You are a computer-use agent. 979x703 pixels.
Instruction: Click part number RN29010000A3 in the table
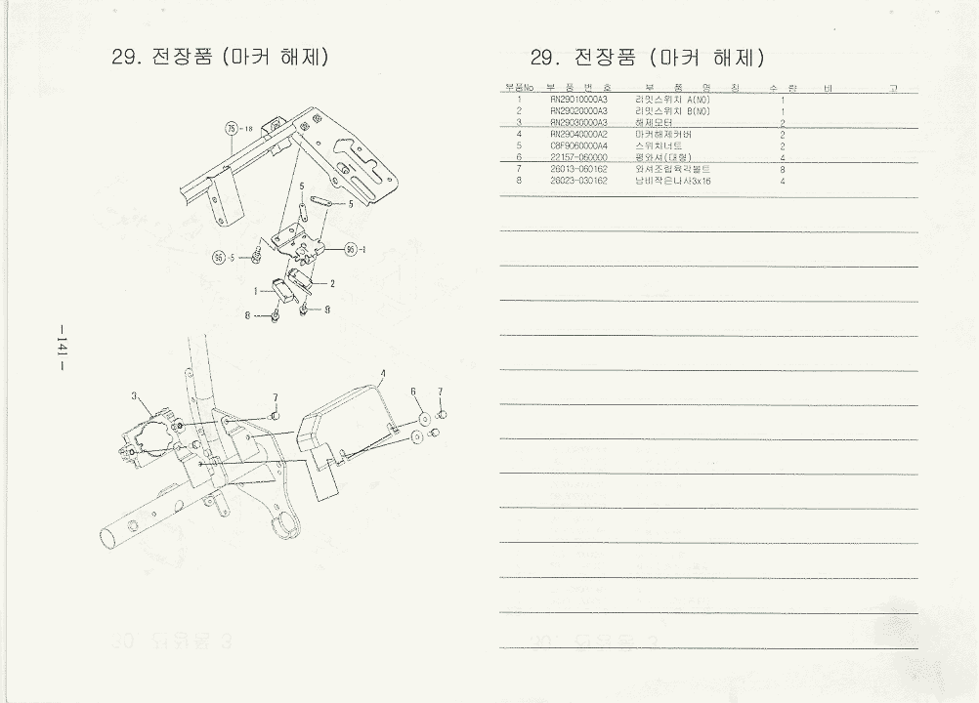(579, 100)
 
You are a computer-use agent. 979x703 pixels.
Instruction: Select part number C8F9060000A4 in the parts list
(579, 145)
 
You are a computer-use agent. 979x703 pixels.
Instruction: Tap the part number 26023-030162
(579, 181)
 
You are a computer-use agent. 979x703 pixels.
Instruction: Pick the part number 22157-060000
(579, 157)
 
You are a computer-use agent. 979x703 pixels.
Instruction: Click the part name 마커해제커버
(663, 134)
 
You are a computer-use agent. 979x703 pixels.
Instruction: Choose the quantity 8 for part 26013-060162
(784, 169)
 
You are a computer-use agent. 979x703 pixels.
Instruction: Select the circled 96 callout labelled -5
(219, 258)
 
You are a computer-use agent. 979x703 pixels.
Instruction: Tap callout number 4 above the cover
(382, 374)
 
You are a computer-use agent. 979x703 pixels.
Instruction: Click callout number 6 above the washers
(414, 391)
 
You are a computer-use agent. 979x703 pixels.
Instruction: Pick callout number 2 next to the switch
(332, 284)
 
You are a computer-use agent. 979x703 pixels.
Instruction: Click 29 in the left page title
(126, 57)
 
